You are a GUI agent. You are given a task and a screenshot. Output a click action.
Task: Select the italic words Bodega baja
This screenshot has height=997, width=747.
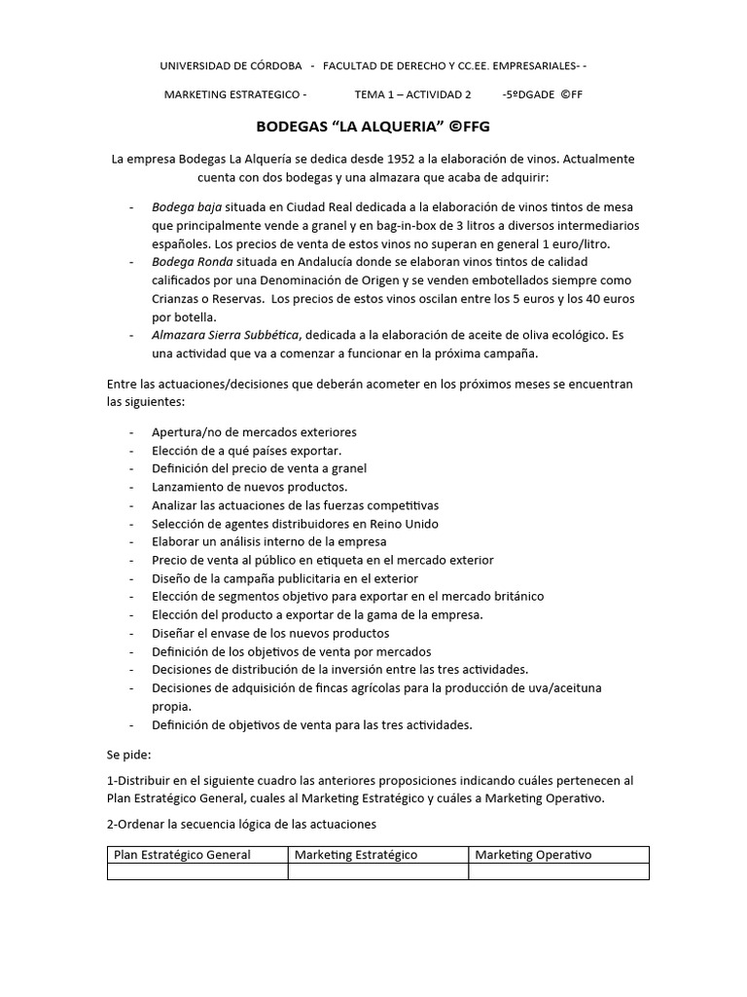[x=187, y=207]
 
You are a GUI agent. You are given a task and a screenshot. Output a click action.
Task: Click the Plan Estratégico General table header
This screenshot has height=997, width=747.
[x=183, y=855]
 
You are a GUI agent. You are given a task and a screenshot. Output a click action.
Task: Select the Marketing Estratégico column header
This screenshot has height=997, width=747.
[x=356, y=855]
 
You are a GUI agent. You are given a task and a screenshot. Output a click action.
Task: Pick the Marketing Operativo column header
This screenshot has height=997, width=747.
[x=533, y=855]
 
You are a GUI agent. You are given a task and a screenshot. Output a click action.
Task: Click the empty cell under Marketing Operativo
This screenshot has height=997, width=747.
[x=558, y=871]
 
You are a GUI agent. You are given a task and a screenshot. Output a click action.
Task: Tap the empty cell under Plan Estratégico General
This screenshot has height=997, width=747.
[x=197, y=871]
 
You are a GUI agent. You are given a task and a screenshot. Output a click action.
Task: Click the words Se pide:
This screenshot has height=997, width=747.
[x=128, y=754]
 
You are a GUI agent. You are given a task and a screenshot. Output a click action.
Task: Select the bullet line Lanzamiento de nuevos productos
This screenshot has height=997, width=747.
[x=249, y=487]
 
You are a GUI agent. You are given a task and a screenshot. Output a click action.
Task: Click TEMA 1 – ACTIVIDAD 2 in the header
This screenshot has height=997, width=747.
[x=412, y=94]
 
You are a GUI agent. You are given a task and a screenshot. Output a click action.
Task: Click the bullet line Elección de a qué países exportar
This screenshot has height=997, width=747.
[x=246, y=451]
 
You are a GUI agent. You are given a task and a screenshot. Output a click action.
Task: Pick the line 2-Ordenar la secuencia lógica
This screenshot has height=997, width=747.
[x=241, y=825]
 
